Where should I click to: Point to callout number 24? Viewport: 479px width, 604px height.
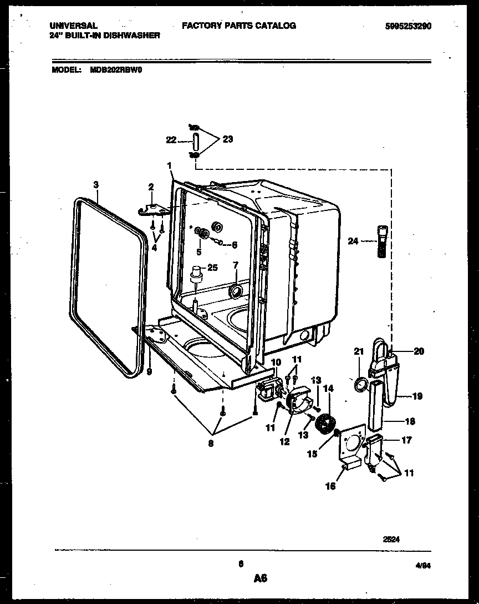[x=353, y=241]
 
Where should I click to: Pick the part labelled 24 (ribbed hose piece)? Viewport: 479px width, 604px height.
[x=381, y=241]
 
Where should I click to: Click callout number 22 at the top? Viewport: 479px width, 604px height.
[x=171, y=140]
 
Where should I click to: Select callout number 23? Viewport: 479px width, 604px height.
[x=227, y=139]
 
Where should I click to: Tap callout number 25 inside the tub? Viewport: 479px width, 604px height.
[x=212, y=268]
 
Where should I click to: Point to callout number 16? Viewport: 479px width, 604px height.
[x=330, y=486]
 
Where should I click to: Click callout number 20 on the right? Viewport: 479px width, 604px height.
[x=419, y=351]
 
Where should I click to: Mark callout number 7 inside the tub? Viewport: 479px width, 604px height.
[x=236, y=265]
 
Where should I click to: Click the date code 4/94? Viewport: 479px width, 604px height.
[x=423, y=566]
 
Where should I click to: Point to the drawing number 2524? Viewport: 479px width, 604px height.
[x=391, y=538]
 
